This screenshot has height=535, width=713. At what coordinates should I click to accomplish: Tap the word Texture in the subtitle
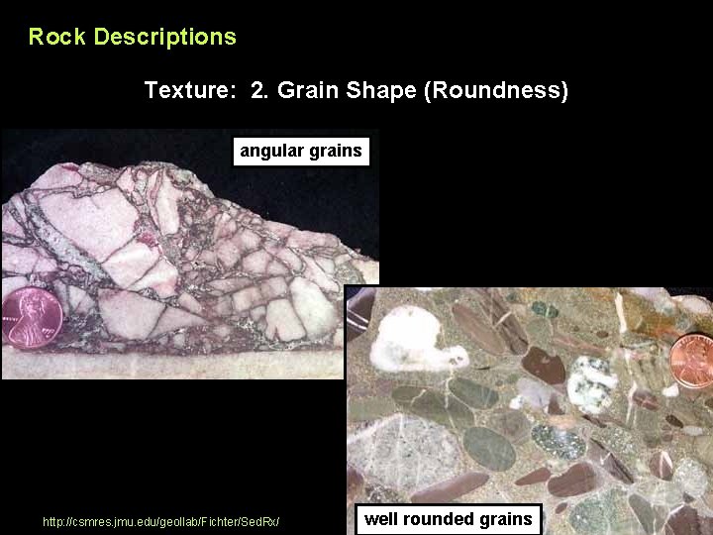[x=188, y=91]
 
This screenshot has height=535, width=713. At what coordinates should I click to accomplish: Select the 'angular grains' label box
[x=301, y=152]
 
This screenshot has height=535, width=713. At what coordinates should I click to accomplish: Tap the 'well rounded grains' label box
[x=448, y=518]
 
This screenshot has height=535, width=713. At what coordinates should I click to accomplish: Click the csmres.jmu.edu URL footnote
[x=161, y=521]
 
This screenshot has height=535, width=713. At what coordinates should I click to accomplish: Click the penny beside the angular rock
[x=33, y=319]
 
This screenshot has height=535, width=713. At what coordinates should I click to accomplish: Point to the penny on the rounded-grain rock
[x=694, y=361]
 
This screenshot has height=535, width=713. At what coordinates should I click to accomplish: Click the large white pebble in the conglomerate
[x=410, y=337]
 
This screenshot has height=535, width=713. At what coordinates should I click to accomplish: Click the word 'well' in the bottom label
[x=380, y=518]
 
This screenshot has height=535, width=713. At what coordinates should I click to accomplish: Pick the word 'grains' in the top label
[x=337, y=152]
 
